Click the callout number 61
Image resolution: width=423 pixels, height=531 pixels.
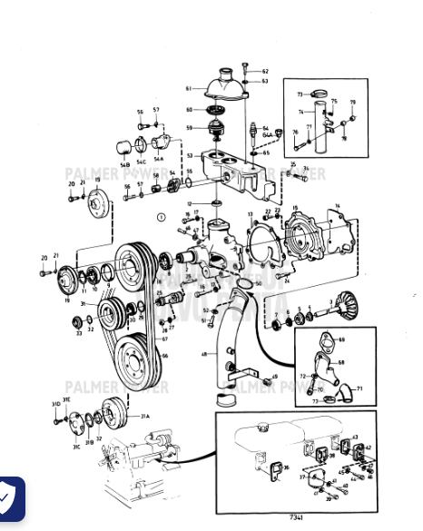[189, 88]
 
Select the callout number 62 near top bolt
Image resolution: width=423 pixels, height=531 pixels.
[265, 71]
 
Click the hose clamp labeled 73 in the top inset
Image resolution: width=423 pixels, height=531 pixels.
[316, 93]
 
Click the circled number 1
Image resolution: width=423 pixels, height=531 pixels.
[161, 217]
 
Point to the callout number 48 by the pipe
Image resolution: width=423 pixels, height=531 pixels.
[204, 354]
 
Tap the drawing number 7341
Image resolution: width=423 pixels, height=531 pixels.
[296, 516]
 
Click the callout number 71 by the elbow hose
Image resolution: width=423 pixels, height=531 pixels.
[359, 388]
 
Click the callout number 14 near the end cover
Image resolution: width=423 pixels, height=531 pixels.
[338, 208]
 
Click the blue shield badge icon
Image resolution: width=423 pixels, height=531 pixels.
[11, 498]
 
